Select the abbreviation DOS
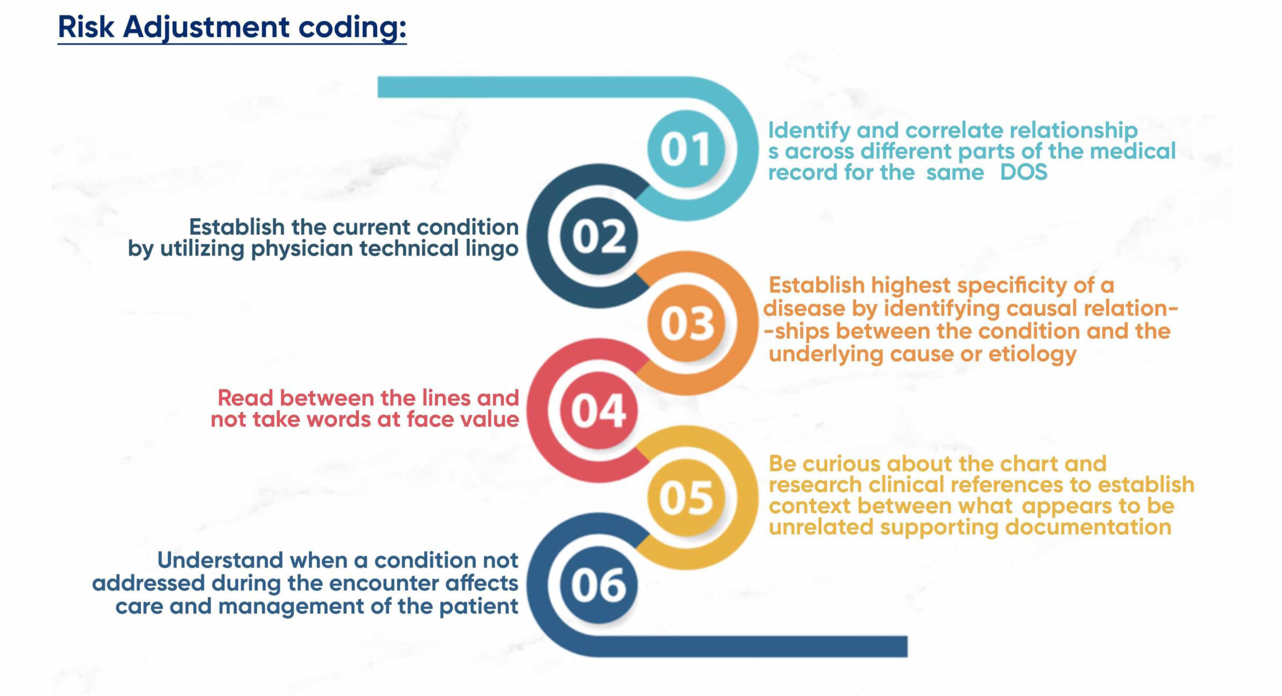1023,172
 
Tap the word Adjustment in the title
206,27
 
